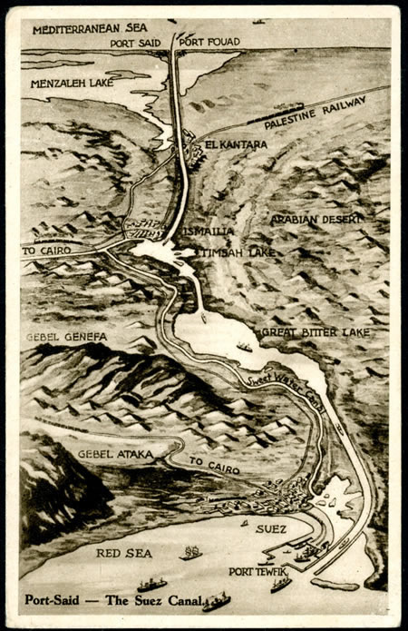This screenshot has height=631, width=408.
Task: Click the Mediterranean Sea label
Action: click(x=90, y=29)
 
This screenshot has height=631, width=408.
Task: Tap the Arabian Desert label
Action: click(x=316, y=220)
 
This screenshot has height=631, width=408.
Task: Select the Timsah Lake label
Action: click(x=238, y=251)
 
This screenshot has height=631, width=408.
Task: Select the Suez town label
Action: click(x=271, y=528)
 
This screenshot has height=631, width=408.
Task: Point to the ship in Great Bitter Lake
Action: click(x=245, y=347)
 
